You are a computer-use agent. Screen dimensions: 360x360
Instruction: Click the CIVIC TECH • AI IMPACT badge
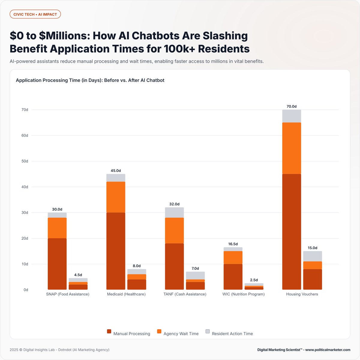pos(35,14)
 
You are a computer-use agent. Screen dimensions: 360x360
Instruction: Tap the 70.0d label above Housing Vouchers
pos(291,106)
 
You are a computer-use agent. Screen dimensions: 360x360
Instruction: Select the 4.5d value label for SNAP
pos(78,275)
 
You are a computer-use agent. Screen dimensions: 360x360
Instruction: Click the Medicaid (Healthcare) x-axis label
pos(126,294)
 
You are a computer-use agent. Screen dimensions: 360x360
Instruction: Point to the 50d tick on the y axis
pos(25,161)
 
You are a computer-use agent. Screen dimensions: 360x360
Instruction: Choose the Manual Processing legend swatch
pos(109,331)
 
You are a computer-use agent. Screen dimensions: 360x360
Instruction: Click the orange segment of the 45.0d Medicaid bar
pos(116,197)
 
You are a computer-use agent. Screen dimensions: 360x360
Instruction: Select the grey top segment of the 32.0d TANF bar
pos(174,212)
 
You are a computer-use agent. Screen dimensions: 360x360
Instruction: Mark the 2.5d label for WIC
pos(254,280)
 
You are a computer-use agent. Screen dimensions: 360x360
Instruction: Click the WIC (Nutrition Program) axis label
pos(244,294)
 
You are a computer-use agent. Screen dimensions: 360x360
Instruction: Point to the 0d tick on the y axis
pos(25,290)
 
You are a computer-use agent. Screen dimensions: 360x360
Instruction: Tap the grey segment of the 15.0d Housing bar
pos(313,256)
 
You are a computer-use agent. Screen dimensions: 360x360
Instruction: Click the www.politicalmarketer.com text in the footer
pos(328,350)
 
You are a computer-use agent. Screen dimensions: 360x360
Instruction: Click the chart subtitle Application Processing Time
pos(90,80)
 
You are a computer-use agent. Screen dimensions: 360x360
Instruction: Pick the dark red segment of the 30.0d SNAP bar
pos(57,264)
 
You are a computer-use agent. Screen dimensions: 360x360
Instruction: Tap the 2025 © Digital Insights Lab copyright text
pos(59,350)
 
